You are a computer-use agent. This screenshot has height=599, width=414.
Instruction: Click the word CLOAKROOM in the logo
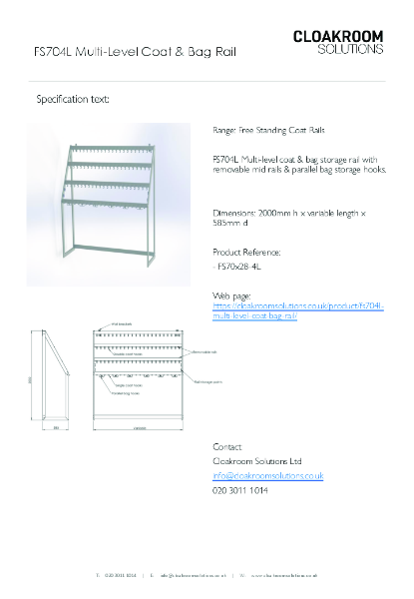pyautogui.click(x=337, y=36)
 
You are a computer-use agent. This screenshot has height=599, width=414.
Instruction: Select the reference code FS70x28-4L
pyautogui.click(x=244, y=268)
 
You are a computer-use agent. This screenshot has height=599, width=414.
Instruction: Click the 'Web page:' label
pyautogui.click(x=231, y=297)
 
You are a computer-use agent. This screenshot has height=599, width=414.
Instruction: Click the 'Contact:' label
pyautogui.click(x=228, y=446)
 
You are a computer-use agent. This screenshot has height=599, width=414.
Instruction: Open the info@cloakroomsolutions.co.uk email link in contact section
pyautogui.click(x=267, y=477)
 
